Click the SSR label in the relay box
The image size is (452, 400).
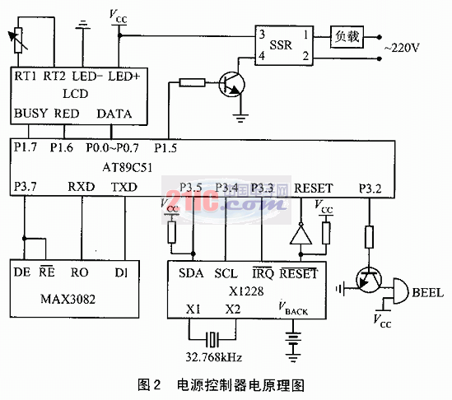pos(281,45)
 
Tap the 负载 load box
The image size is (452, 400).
pos(347,37)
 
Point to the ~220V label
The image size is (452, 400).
pos(402,48)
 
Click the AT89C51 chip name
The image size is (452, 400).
pos(127,167)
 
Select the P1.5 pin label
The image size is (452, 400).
pos(165,148)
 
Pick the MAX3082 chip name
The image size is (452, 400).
pos(68,299)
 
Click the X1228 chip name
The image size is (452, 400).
pos(246,291)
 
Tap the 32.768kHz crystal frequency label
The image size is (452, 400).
pos(213,357)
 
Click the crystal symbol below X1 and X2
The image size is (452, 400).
pos(212,339)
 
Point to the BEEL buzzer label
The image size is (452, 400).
pos(428,293)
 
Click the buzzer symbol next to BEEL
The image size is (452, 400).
pos(400,291)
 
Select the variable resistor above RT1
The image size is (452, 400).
pos(18,41)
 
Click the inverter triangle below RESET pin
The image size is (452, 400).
pos(301,234)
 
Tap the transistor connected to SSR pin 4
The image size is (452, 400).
pos(231,84)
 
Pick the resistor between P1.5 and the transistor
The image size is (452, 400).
pos(192,82)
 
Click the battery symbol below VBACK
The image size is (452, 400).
pos(293,344)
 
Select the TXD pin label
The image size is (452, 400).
pos(124,187)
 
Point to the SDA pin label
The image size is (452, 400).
pos(191,273)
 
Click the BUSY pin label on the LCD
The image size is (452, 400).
pos(30,114)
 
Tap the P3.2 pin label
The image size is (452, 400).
pos(370,188)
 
